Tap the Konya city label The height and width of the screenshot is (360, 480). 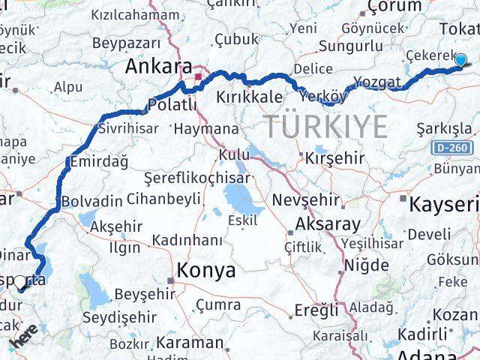coord(205,271)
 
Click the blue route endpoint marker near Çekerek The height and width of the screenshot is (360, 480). coord(460,61)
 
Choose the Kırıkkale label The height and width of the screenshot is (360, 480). coord(249,97)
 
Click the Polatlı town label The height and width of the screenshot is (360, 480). coord(172,104)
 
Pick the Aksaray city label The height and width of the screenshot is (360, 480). coord(328,223)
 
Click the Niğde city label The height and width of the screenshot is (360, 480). coord(367,265)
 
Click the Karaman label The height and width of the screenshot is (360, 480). coord(190,342)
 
